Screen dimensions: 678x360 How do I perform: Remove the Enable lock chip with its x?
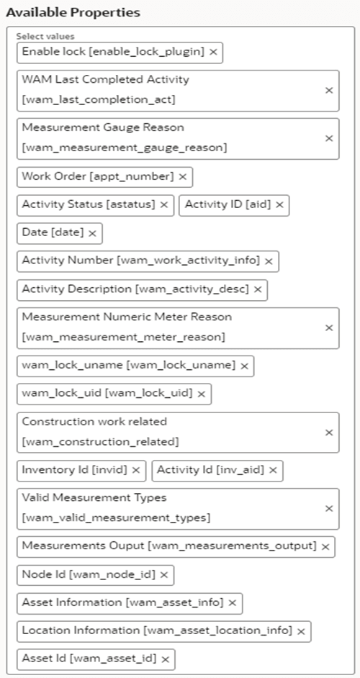point(213,53)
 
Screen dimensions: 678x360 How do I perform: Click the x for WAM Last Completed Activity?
point(329,91)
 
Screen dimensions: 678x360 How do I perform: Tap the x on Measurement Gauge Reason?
point(329,138)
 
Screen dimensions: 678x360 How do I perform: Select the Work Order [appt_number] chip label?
point(98,176)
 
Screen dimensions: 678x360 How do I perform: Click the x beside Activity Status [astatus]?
point(164,205)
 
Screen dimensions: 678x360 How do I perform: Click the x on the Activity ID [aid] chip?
point(279,205)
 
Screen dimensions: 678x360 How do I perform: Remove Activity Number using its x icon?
point(269,262)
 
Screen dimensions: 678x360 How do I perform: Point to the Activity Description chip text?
point(135,290)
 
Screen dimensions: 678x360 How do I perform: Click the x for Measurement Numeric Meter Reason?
point(329,327)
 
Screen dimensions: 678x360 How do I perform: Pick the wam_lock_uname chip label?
point(128,366)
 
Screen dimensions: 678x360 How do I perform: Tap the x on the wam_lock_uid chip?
point(201,394)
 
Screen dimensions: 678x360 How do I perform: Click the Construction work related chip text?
point(101,432)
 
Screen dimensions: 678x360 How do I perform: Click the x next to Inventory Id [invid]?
point(135,471)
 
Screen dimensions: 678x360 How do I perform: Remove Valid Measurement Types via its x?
point(329,508)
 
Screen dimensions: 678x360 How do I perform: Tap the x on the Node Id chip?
point(163,575)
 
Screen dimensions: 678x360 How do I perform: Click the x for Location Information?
point(301,632)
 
